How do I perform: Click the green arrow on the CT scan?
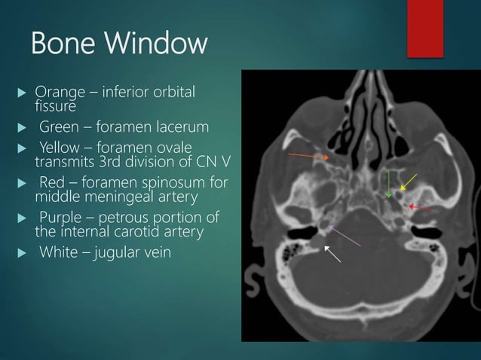[x=388, y=184]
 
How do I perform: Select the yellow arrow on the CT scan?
[x=408, y=182]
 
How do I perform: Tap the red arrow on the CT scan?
[x=418, y=206]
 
